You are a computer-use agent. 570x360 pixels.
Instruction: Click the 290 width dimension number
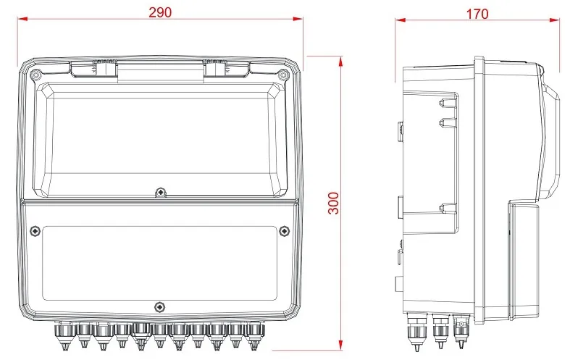(x=160, y=12)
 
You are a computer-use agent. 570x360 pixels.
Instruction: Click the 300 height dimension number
(x=334, y=204)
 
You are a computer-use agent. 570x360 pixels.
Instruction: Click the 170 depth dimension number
(x=477, y=14)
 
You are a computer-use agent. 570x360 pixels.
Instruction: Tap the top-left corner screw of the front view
(x=36, y=75)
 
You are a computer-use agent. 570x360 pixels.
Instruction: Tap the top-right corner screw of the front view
(x=282, y=75)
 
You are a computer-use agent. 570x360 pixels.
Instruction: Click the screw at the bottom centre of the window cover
(x=160, y=192)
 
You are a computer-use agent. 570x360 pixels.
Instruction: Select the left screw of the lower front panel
(x=35, y=231)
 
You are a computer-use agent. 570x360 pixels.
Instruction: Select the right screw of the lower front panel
(x=284, y=231)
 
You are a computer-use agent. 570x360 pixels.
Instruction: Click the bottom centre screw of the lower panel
(x=159, y=307)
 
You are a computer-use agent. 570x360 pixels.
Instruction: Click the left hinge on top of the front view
(x=93, y=68)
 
